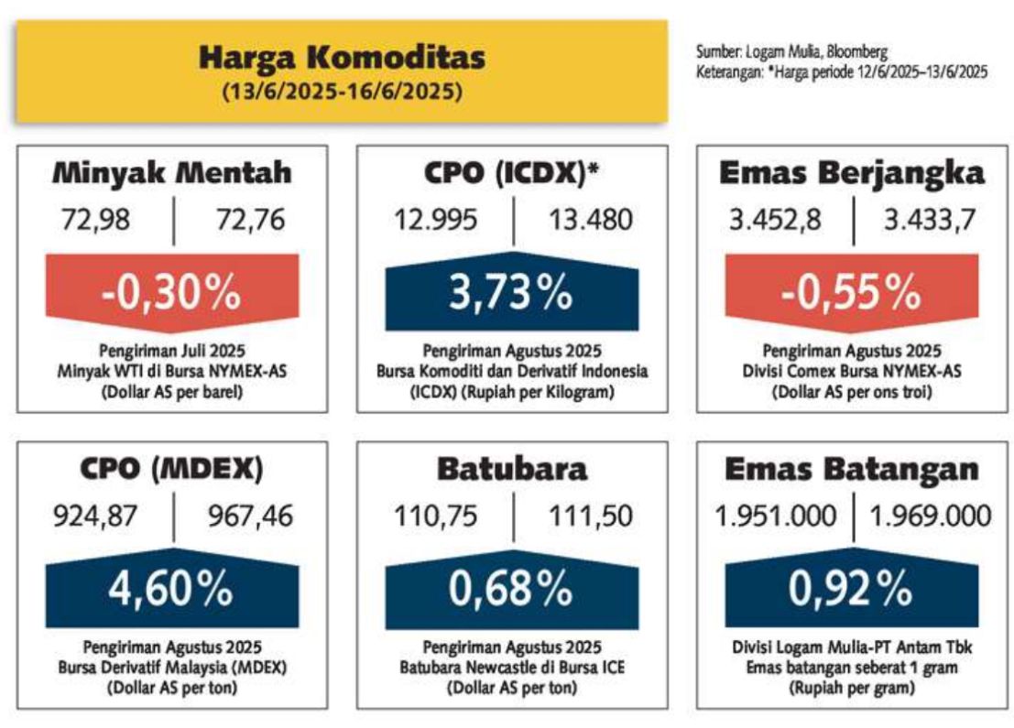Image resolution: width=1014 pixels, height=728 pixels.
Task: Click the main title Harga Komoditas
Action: (x=342, y=58)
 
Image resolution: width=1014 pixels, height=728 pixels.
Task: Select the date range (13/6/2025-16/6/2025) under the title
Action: (x=342, y=92)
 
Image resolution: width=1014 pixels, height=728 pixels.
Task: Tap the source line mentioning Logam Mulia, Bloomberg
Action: (x=791, y=51)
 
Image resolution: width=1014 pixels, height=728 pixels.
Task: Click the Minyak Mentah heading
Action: (x=172, y=173)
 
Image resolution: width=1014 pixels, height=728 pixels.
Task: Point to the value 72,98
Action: (x=95, y=220)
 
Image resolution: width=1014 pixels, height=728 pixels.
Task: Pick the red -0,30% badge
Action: (x=172, y=292)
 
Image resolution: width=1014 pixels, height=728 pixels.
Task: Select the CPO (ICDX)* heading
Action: (x=511, y=173)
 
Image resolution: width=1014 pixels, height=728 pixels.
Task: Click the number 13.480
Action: (x=591, y=220)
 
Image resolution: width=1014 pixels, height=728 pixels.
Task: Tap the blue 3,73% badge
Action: (x=511, y=291)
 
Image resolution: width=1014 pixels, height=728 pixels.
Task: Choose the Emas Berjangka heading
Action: (x=852, y=173)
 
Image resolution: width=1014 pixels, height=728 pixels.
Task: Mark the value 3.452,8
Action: (x=775, y=220)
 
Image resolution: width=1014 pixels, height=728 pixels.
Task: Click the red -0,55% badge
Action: (x=852, y=292)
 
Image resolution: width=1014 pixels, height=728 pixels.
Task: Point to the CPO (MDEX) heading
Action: (x=172, y=469)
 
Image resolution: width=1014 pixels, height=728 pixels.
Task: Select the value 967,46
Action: (x=250, y=516)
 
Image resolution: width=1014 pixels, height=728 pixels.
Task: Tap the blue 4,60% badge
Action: (x=172, y=588)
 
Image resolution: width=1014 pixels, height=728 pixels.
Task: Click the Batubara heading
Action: (x=511, y=469)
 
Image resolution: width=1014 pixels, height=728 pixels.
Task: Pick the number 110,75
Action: (x=436, y=516)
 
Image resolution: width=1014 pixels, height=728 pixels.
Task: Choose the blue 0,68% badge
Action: (x=511, y=588)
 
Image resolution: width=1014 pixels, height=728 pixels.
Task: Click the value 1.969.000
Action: (x=930, y=516)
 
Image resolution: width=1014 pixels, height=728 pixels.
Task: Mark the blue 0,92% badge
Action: (x=852, y=588)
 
